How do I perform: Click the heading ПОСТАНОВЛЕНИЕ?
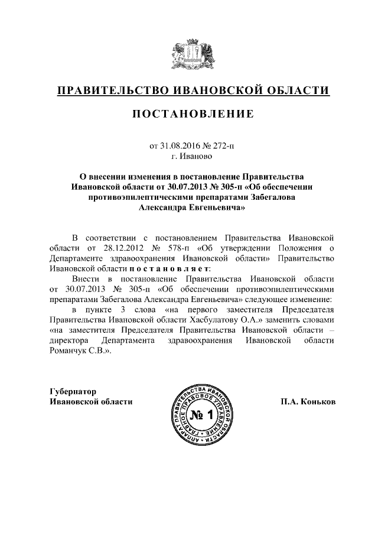tap(193, 114)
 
